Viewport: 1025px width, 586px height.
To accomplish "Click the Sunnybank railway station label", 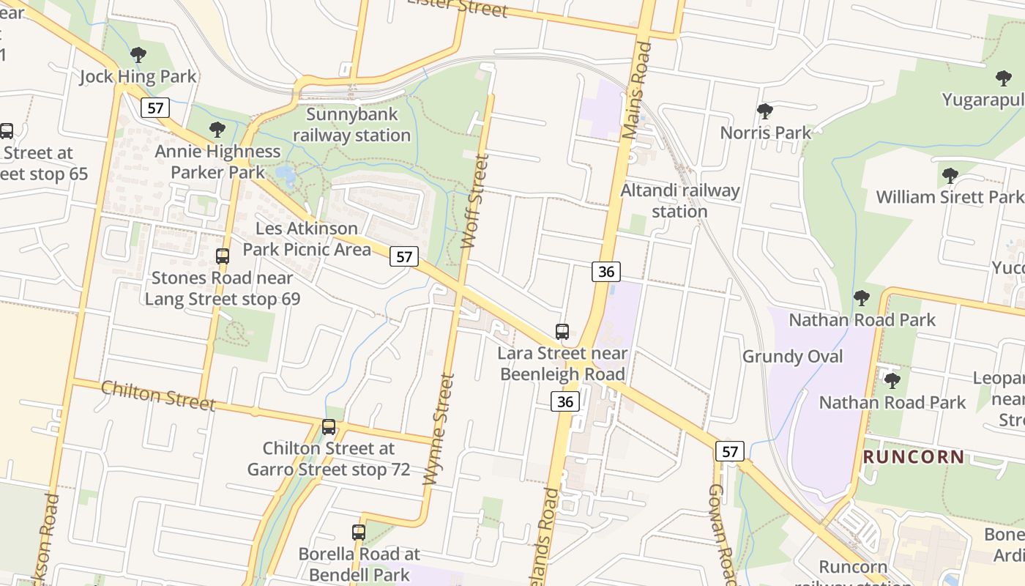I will click(x=351, y=125).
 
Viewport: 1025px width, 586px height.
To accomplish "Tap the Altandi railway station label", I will click(x=680, y=201).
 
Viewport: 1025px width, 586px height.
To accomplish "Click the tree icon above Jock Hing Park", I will click(x=138, y=54).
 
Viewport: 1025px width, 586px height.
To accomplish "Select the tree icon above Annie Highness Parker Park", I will click(x=217, y=130).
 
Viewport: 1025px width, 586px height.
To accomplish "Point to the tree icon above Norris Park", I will click(x=765, y=111).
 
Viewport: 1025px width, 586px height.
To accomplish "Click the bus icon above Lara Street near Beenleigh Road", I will click(x=562, y=332).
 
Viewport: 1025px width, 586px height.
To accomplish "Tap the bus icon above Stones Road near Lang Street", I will click(x=223, y=256).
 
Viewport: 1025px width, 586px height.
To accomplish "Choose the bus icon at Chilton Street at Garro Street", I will click(x=329, y=426).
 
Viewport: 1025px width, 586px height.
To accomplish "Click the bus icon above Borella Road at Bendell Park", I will click(x=359, y=533).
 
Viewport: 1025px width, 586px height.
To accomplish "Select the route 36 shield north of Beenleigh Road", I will click(x=606, y=272).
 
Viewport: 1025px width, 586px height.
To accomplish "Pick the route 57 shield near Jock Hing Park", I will click(x=155, y=108).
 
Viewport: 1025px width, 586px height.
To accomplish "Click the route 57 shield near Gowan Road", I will click(x=730, y=451).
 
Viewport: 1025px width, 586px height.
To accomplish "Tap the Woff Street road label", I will click(x=474, y=201).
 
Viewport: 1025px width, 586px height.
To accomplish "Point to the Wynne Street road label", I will click(x=439, y=429).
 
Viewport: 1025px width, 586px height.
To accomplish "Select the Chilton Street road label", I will click(x=158, y=395).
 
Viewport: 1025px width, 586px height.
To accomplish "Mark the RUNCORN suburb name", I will click(x=914, y=457).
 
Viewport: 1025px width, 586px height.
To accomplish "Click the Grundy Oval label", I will click(x=793, y=357).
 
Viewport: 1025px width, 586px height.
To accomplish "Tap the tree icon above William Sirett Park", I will click(x=950, y=176).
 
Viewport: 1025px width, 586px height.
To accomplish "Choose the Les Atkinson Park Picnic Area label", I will click(x=307, y=239).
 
